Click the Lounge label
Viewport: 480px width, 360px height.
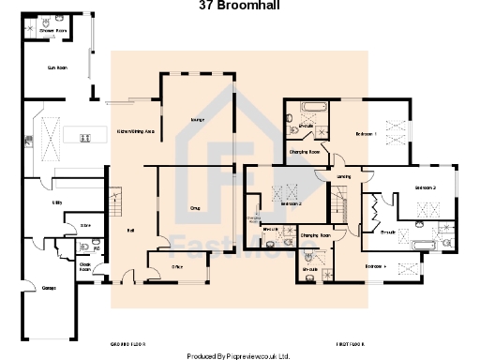pos(198,120)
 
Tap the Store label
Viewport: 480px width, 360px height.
pos(83,225)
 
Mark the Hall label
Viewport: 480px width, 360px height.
pos(130,230)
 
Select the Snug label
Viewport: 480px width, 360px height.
pos(196,208)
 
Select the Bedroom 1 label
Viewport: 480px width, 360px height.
pos(366,134)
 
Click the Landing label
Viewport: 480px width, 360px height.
pos(344,176)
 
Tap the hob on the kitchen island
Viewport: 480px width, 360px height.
pos(84,138)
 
